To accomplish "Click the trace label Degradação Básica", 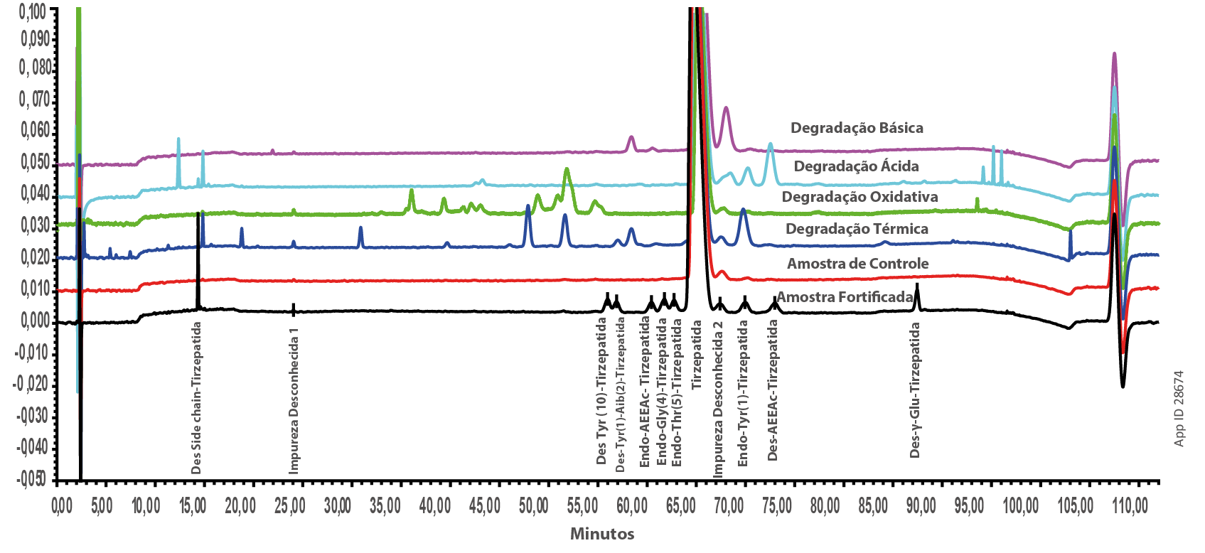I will coord(857,128).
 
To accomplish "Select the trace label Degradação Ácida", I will coord(856,166).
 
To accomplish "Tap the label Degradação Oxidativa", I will coord(859,197).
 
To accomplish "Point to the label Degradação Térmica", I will coord(857,229).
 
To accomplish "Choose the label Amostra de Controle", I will coord(857,264).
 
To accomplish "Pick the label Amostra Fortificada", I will coord(844,297).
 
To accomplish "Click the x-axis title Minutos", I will coord(602,534).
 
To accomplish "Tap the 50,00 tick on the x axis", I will coord(533,505).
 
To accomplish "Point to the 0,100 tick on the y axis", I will coord(33,11).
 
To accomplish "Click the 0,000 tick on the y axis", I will coord(35,321).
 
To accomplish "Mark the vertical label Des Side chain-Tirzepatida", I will coord(197,398).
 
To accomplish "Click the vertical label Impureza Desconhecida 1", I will coord(294,401).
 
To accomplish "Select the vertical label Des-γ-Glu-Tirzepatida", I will coord(915,390).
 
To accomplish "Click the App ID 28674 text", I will coord(1179,408).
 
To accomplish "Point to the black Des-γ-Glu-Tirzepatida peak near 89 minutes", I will coord(917,286).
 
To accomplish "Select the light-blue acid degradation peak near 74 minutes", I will coord(770,145).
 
